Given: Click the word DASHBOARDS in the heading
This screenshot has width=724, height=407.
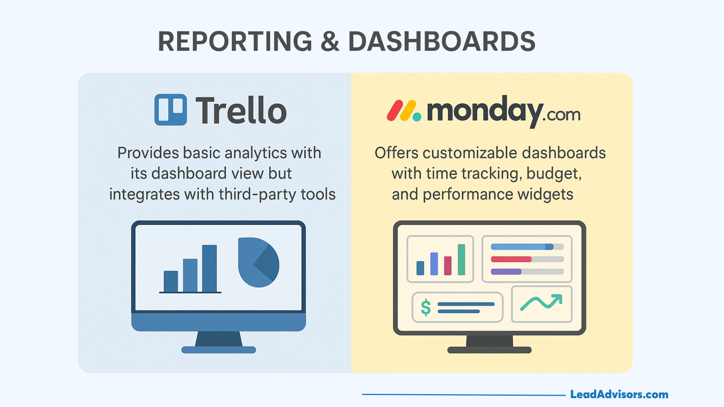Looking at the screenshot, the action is tap(442, 41).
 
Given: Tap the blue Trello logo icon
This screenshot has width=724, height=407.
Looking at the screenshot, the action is tap(170, 110).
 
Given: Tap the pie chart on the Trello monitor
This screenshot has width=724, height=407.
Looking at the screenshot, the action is tap(259, 262).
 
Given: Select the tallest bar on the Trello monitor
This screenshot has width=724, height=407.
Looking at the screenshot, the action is tap(210, 268).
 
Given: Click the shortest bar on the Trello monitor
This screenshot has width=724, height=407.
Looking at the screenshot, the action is tap(171, 281).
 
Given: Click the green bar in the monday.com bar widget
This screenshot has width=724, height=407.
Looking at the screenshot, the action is tap(461, 260).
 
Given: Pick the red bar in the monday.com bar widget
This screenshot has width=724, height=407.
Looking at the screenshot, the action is tap(448, 266).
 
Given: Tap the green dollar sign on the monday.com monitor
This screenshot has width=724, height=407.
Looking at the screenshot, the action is tap(426, 307).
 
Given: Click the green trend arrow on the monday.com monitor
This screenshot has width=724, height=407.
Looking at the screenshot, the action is tap(541, 302).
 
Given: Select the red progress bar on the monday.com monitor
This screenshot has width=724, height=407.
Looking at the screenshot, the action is tap(511, 259).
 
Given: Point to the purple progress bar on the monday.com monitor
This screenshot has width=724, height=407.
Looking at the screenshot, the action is tap(506, 271).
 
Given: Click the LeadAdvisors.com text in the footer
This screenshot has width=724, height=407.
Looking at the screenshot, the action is tap(619, 395).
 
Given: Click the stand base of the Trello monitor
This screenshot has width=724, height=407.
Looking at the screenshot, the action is tap(219, 350).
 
